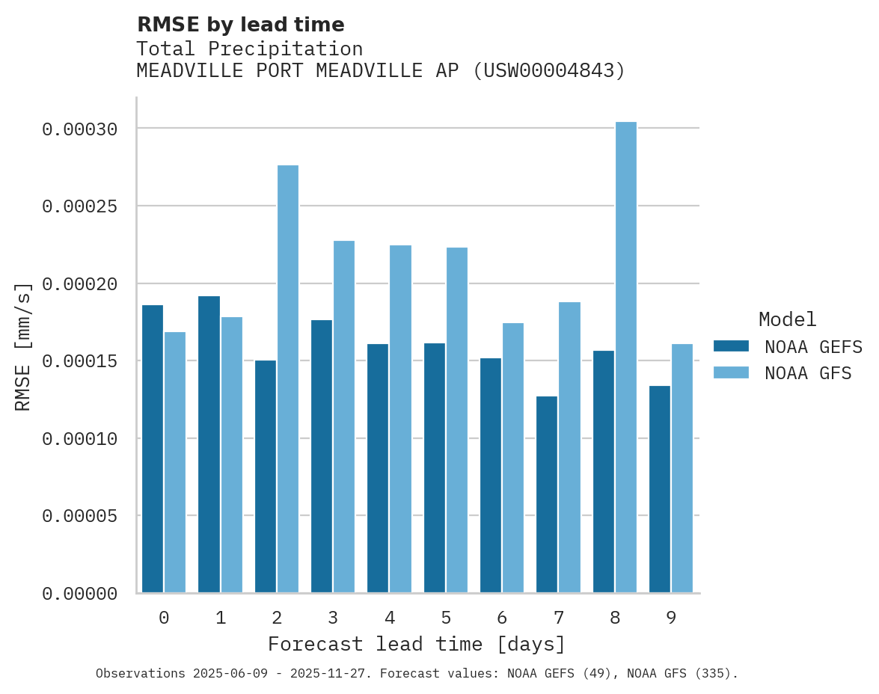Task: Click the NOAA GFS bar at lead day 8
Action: [626, 357]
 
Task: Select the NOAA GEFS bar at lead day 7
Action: [547, 494]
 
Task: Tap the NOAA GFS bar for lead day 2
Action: [288, 379]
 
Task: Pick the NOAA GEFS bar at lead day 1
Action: [209, 444]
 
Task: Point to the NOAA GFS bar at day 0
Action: [175, 462]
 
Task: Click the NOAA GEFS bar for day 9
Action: [660, 489]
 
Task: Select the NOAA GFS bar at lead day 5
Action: [457, 420]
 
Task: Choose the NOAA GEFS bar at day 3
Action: [322, 456]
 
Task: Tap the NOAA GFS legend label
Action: [808, 372]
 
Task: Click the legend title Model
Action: [787, 319]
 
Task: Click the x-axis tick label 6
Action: [502, 618]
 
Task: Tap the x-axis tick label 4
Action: [389, 618]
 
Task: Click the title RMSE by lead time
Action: [240, 25]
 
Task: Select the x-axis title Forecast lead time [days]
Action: [417, 644]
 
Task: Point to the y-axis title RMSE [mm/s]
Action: [23, 346]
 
